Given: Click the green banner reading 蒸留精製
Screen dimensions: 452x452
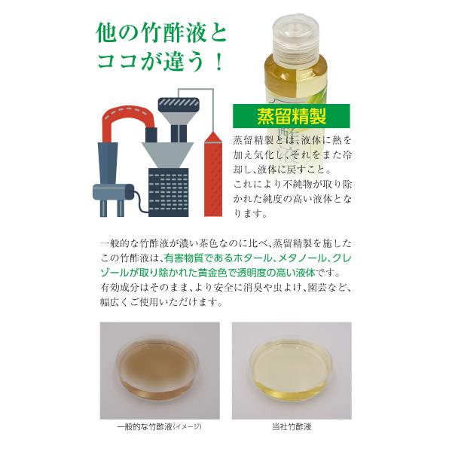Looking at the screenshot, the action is pyautogui.click(x=292, y=116).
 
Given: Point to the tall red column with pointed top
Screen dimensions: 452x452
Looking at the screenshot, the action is pyautogui.click(x=213, y=174).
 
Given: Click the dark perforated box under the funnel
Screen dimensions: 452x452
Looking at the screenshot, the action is pyautogui.click(x=169, y=192).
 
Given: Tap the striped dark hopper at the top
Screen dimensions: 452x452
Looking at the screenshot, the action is pyautogui.click(x=179, y=105).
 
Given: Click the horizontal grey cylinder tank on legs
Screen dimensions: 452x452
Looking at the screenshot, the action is pyautogui.click(x=113, y=192).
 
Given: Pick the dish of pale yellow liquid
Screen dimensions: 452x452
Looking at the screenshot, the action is pyautogui.click(x=291, y=370).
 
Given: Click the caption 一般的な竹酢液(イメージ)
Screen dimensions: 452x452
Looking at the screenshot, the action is pyautogui.click(x=159, y=426).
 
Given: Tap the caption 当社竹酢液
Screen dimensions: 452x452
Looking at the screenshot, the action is pyautogui.click(x=292, y=426).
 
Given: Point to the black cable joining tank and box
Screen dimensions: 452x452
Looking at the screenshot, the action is pyautogui.click(x=141, y=201).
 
